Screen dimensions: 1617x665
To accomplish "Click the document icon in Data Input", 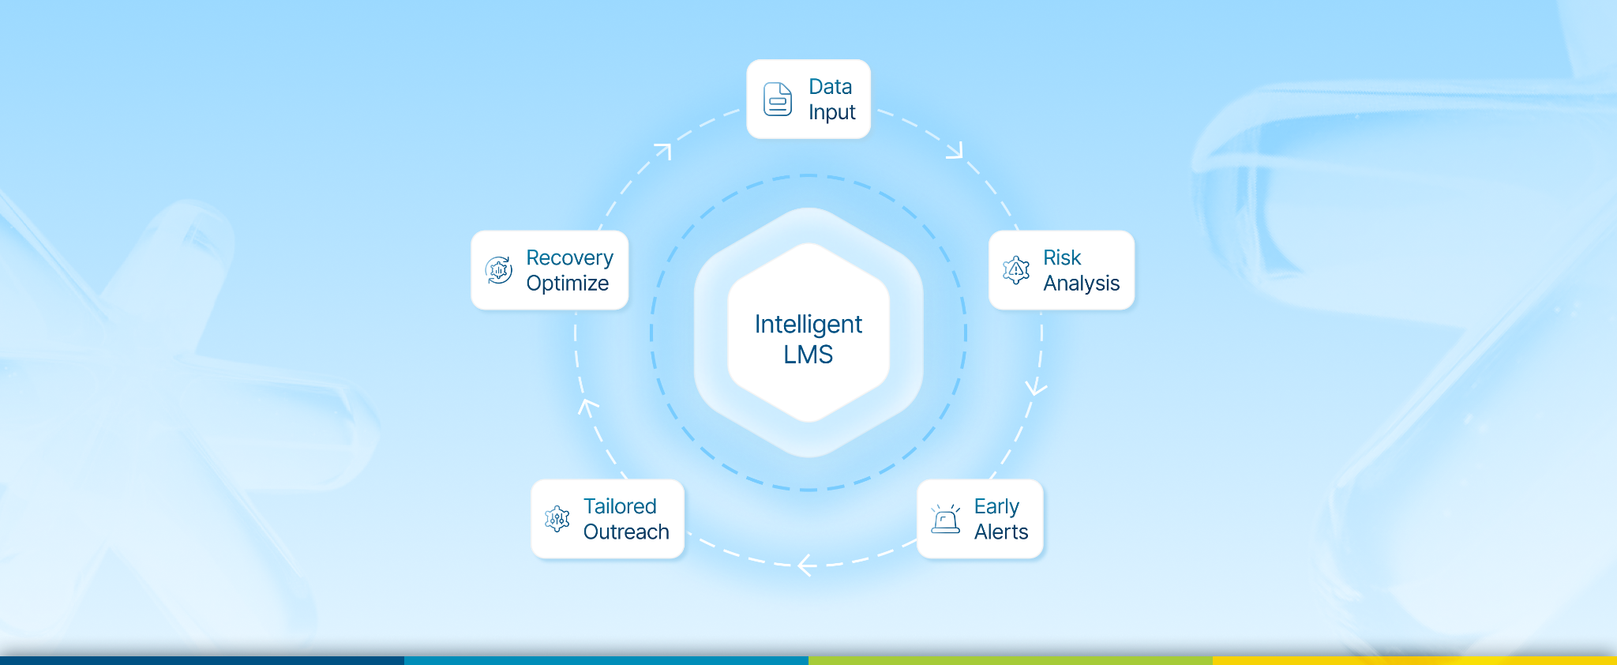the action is [x=778, y=100].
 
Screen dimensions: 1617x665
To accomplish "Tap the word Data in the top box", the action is [x=830, y=87].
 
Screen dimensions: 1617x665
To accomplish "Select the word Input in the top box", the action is [x=831, y=113].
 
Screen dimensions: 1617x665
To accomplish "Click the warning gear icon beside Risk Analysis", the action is [x=1016, y=270].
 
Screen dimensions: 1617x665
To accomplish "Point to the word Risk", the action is [x=1061, y=258].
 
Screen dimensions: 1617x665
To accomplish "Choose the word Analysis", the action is [x=1081, y=284].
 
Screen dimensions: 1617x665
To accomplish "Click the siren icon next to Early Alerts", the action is [x=945, y=519].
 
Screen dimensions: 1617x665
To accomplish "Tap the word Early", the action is [x=996, y=507].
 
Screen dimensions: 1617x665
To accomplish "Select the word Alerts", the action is [x=1001, y=532].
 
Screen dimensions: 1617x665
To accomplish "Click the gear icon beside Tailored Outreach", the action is [x=557, y=519].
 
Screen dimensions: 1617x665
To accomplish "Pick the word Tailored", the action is [x=620, y=507].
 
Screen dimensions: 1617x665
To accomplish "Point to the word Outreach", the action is [x=626, y=532].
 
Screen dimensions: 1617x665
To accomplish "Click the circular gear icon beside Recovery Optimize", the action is [x=498, y=270].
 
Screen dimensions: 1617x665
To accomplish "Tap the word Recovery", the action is [x=569, y=258].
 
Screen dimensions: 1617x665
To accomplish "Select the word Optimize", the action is [x=567, y=284].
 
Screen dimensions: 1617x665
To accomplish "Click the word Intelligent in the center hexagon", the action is [x=808, y=325].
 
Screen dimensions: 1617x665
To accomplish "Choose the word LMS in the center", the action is [x=808, y=355].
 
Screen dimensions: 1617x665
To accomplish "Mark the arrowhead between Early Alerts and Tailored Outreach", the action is [x=805, y=565].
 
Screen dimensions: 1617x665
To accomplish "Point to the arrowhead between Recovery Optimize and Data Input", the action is [x=663, y=150].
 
